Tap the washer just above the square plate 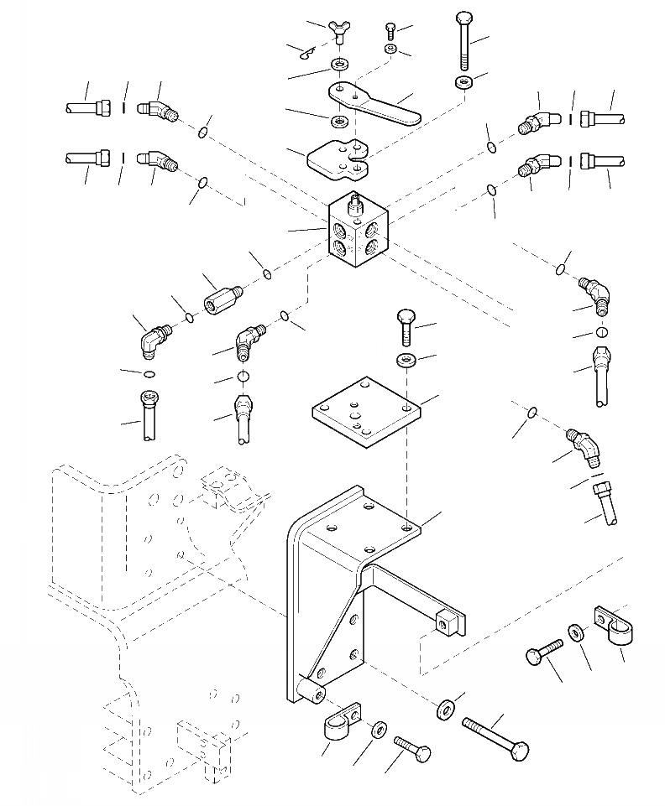[406, 361]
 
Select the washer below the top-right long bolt [463, 82]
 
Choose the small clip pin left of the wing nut [306, 55]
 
